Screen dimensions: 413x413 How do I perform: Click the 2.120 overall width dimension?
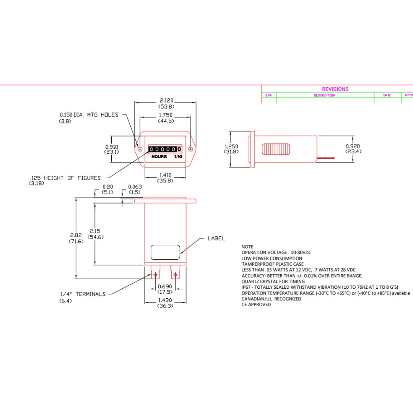pos(166,100)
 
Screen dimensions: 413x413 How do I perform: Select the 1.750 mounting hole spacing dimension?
pos(166,115)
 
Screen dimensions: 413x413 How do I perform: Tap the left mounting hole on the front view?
pos(140,149)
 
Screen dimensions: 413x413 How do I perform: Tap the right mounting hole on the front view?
pos(191,149)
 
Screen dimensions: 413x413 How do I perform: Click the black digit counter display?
pos(165,149)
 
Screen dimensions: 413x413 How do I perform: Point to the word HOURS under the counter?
pos(159,157)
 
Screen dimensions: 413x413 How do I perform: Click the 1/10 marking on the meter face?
pos(178,157)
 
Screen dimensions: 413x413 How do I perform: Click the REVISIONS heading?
pos(335,89)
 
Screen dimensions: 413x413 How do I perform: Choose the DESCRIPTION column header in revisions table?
pos(324,95)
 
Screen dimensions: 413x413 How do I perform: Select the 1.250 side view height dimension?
pos(231,146)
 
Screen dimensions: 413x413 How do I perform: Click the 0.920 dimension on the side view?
pos(353,146)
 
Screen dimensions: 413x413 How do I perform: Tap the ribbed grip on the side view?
pos(276,148)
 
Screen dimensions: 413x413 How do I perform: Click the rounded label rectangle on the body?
pos(165,252)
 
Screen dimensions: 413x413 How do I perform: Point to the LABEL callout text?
pos(216,238)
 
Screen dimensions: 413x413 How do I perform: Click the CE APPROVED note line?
pos(256,304)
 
